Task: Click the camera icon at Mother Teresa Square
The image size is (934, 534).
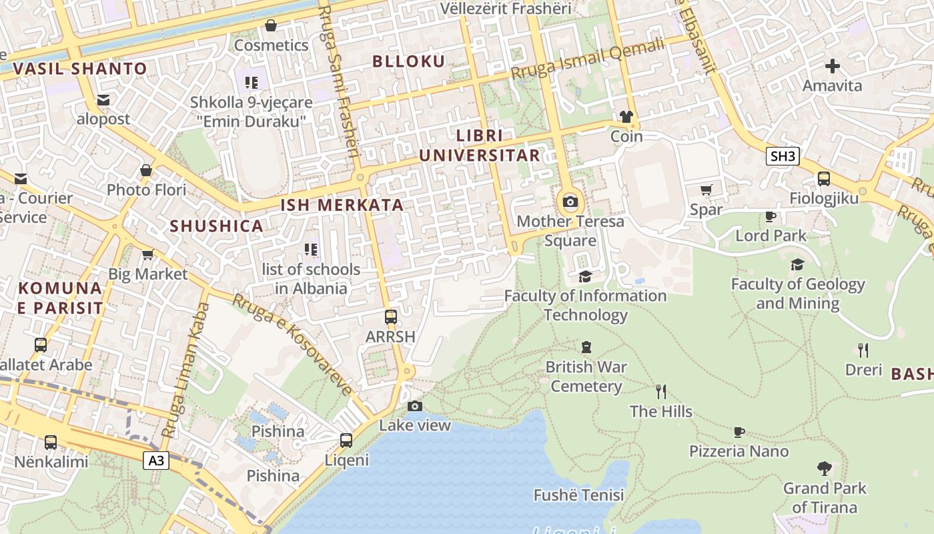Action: pos(570,202)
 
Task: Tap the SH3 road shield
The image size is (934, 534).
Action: pos(783,157)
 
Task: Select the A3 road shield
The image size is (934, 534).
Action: pos(156,460)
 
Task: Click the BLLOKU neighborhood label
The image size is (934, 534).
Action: pos(408,61)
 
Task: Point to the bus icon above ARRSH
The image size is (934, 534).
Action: pos(391,317)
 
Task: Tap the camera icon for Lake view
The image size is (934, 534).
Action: pos(415,406)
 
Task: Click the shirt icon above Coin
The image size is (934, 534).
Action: pos(626,117)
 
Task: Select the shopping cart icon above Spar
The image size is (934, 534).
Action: pos(707,190)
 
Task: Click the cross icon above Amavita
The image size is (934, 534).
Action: pos(832,66)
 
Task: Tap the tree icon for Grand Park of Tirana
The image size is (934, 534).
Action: pos(825,469)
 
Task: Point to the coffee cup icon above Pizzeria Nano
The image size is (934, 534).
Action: pos(739,432)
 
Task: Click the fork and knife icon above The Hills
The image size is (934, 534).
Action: pos(661,392)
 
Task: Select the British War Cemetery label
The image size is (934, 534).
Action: pos(586,376)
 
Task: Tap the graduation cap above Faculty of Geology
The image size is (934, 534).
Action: pos(797,265)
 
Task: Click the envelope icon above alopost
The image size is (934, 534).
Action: pos(103,100)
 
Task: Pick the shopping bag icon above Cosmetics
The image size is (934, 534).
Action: pos(271,26)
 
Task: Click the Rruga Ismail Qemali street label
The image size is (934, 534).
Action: pos(588,59)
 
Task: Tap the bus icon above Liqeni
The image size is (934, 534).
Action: pos(346,441)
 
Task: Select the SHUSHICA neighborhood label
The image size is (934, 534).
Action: pos(216,226)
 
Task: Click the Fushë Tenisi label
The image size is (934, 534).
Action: pos(578,495)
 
